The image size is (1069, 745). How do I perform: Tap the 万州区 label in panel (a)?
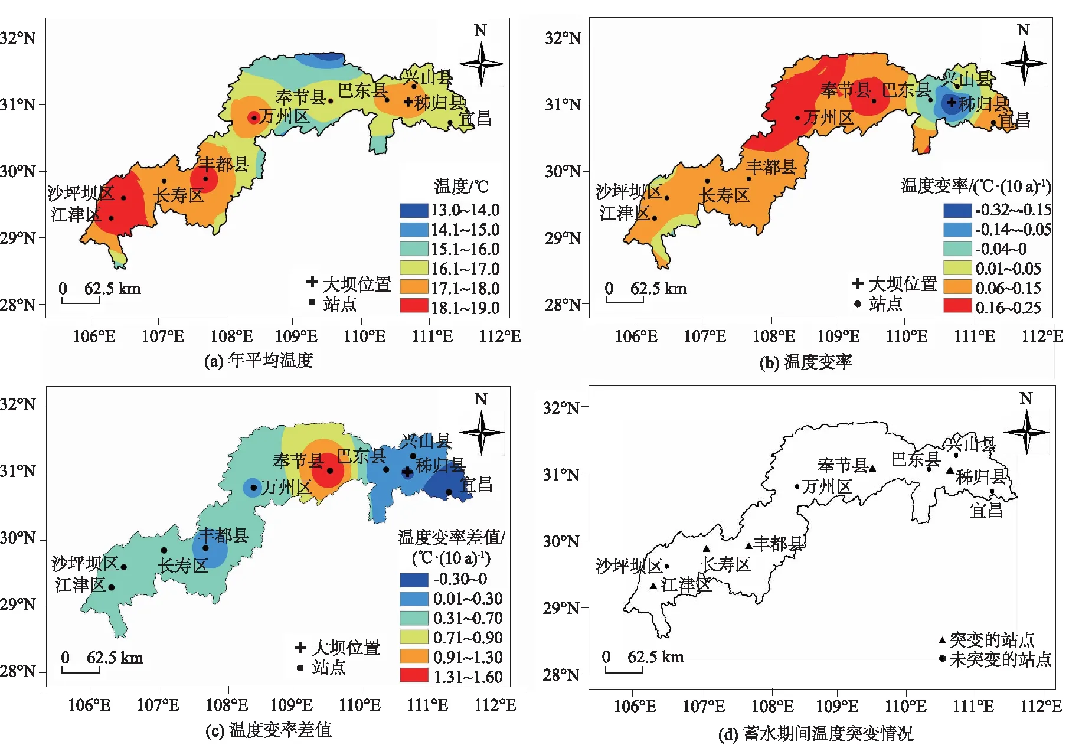(285, 116)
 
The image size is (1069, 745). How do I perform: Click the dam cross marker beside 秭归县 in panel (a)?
(407, 102)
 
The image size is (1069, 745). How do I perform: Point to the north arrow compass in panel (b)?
(1024, 62)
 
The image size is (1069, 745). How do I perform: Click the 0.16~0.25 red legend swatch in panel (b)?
(957, 306)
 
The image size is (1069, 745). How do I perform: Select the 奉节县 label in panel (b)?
(845, 90)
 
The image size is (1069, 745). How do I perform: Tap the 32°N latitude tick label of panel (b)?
(563, 38)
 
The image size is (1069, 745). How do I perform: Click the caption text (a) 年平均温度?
(259, 360)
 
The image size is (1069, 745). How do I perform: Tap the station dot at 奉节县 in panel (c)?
(330, 470)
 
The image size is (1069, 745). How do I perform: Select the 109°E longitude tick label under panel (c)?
(292, 705)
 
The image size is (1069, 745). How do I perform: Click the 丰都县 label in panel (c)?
(223, 535)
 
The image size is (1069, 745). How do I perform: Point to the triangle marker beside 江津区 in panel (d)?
(653, 586)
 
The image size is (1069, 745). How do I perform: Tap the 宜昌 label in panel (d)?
(986, 510)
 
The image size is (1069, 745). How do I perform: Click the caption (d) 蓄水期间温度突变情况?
(816, 734)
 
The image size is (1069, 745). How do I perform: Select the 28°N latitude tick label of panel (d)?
(561, 674)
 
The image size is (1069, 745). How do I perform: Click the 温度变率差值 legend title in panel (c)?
(451, 537)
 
